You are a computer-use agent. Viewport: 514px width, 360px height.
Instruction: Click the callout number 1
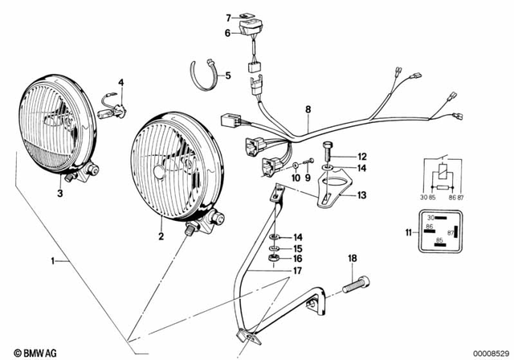click(54, 261)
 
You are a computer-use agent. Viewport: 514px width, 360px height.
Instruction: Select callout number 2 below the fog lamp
click(161, 236)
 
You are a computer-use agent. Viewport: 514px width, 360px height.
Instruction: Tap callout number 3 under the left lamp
click(59, 193)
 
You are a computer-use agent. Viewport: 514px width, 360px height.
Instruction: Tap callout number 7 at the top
click(228, 17)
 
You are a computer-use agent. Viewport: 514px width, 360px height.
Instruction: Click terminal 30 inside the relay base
click(430, 219)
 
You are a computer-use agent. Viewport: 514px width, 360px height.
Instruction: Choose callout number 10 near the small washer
click(294, 178)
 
